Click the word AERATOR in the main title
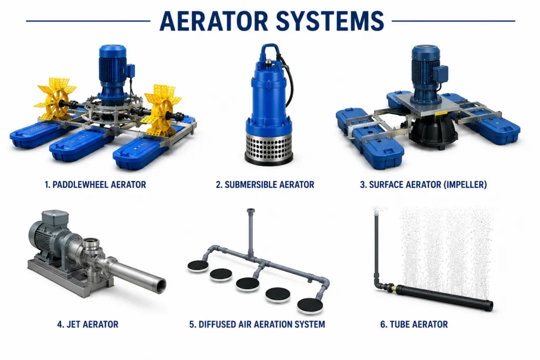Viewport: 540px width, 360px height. point(214,21)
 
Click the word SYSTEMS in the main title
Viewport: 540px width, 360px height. point(330,21)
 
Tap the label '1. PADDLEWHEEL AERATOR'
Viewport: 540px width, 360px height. point(95,185)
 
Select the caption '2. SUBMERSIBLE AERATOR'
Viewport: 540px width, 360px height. point(265,185)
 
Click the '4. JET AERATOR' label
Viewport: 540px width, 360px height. point(88,325)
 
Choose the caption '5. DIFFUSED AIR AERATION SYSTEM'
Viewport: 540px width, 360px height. point(257,325)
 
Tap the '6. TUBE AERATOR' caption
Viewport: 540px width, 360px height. point(414,325)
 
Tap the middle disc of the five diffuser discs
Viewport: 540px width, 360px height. point(248,284)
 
